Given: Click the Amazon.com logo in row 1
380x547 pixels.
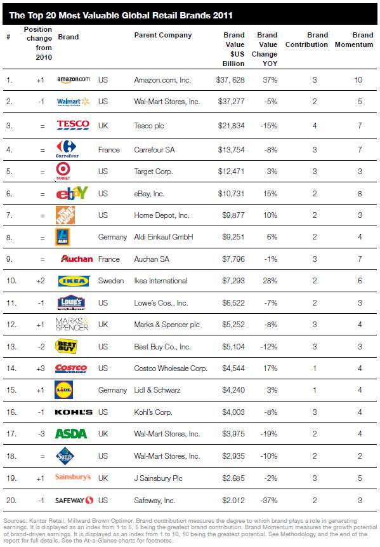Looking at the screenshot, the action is (x=74, y=80).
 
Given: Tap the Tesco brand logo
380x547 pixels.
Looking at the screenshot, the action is (x=73, y=125).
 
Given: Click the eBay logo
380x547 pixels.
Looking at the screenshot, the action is (x=70, y=192).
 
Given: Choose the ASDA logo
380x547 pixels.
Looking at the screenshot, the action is (x=71, y=435).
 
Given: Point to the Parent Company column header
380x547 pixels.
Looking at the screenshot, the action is (x=163, y=36).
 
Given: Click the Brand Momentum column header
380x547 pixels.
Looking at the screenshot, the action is (x=363, y=40).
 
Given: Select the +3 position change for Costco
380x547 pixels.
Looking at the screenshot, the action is (x=42, y=368).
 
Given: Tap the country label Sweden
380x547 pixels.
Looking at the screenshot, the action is (x=112, y=280).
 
